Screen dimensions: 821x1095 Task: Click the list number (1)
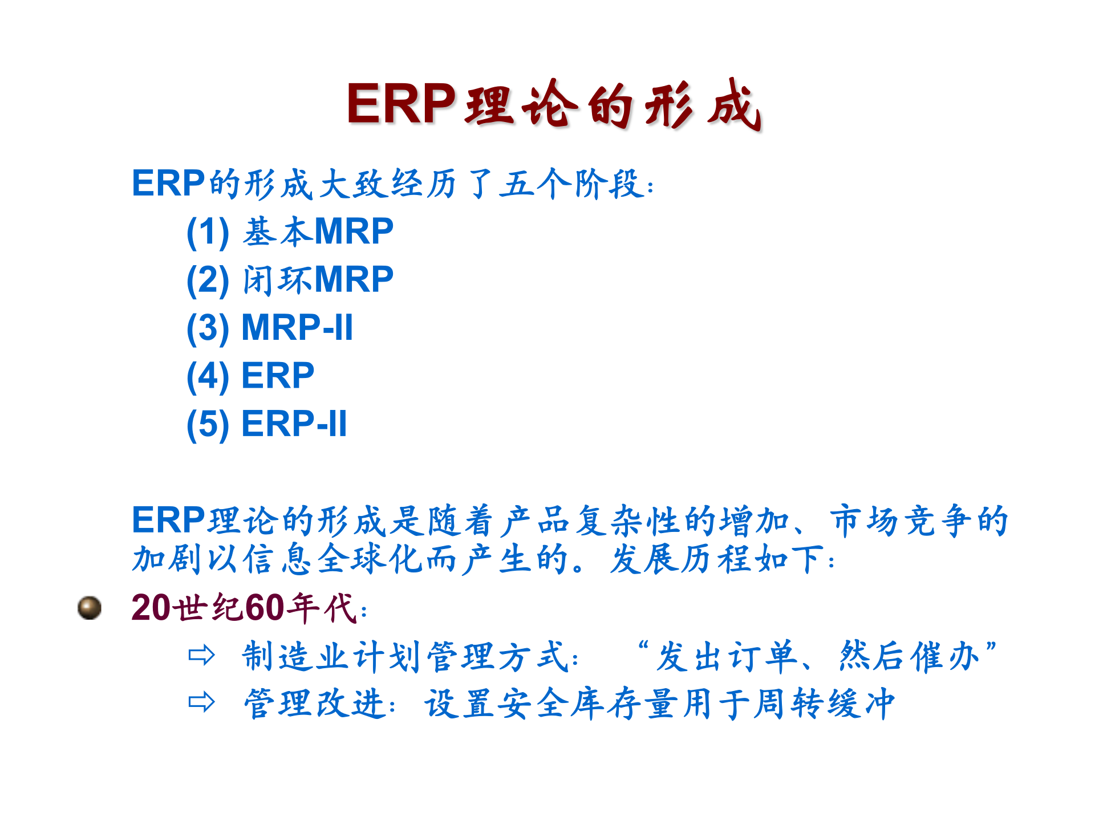click(x=208, y=232)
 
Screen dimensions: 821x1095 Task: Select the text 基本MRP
click(x=318, y=231)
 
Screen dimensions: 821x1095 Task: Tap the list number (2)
click(x=208, y=280)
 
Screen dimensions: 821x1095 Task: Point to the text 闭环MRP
click(x=318, y=279)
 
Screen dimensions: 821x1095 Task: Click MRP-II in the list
click(x=297, y=328)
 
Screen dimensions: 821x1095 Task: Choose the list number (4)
click(x=208, y=376)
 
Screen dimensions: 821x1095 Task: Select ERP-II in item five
click(x=294, y=424)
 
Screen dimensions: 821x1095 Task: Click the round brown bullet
click(x=90, y=608)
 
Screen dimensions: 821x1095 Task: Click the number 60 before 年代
click(x=265, y=608)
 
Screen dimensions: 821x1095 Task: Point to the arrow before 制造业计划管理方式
click(x=201, y=656)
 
